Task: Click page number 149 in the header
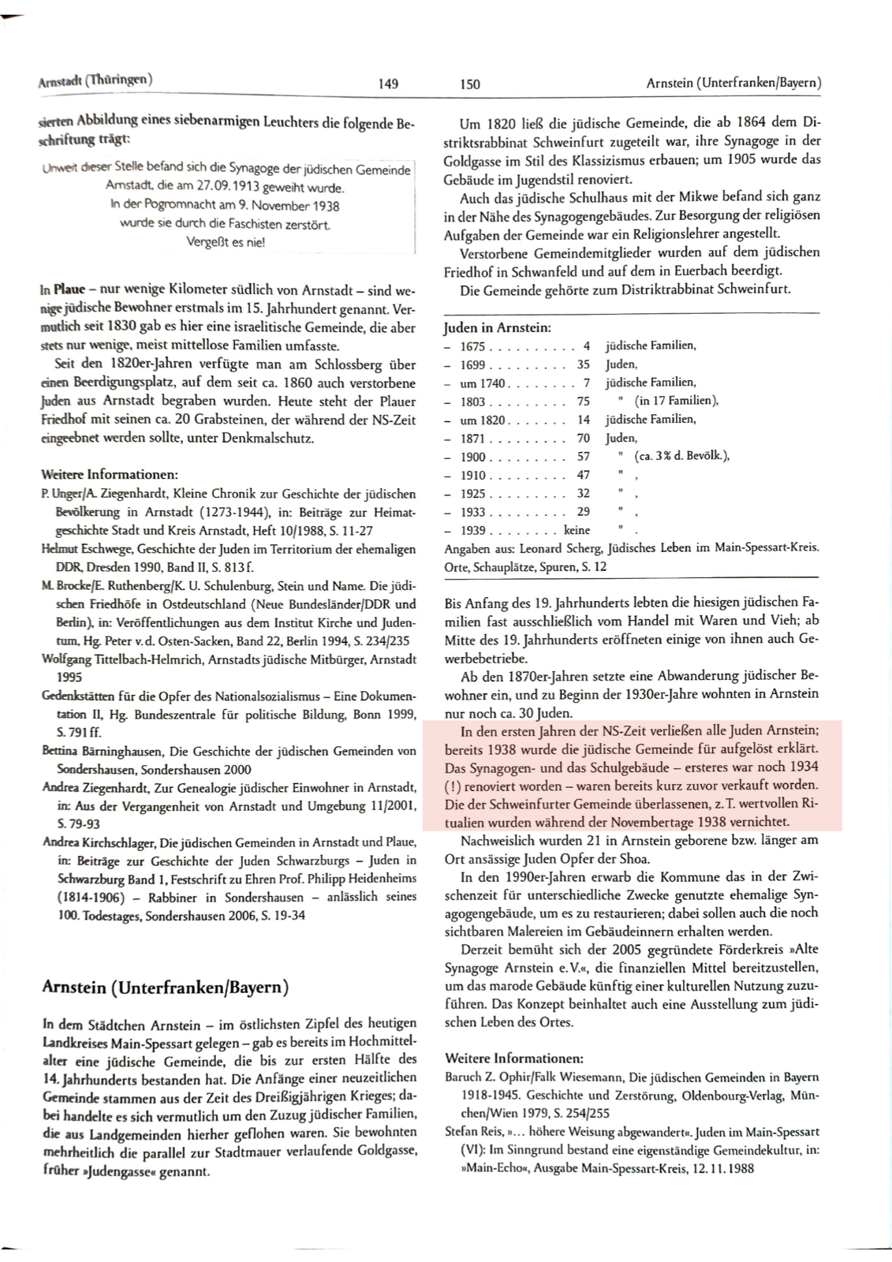click(x=388, y=84)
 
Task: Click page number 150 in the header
click(x=469, y=84)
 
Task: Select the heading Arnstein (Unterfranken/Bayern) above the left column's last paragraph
click(x=165, y=987)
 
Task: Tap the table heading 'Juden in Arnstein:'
click(x=498, y=327)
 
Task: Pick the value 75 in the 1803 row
click(x=583, y=401)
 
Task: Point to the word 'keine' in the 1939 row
click(x=577, y=531)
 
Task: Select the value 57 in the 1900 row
click(x=583, y=457)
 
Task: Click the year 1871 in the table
click(x=472, y=439)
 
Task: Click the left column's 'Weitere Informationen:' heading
click(x=110, y=475)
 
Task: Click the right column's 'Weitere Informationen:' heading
click(x=513, y=1058)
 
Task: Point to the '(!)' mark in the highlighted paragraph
click(x=453, y=785)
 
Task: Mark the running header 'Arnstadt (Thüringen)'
click(x=95, y=80)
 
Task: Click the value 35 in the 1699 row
click(x=583, y=364)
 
